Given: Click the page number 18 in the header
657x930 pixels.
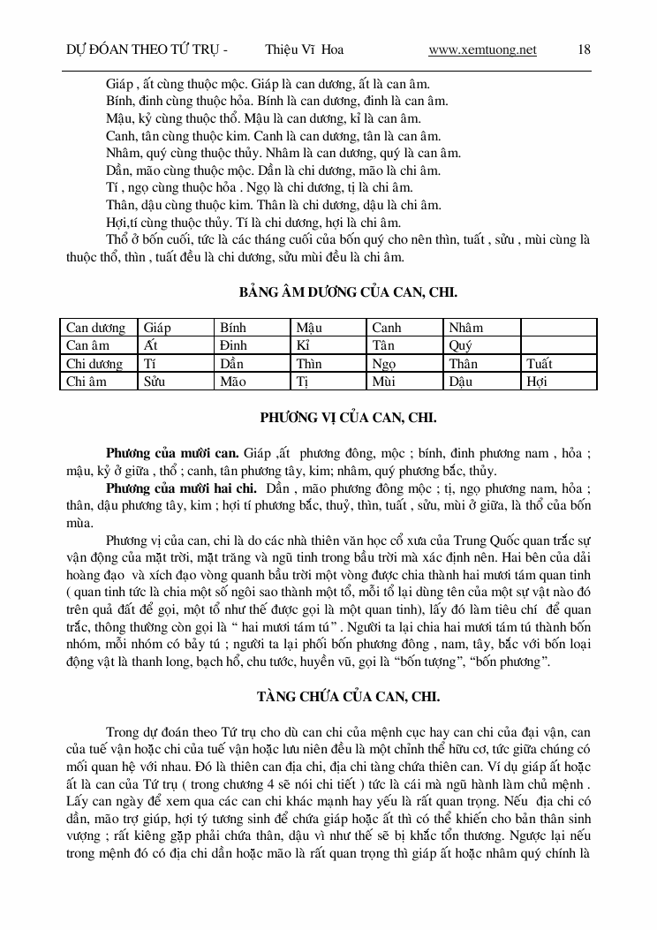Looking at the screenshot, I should pyautogui.click(x=584, y=50).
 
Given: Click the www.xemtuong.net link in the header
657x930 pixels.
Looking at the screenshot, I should pyautogui.click(x=482, y=50).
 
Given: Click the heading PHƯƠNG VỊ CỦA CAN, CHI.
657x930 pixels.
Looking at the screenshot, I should pyautogui.click(x=348, y=417).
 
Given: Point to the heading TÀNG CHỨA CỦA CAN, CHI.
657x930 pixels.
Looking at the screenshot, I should pyautogui.click(x=348, y=697).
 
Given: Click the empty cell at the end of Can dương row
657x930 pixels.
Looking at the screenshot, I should pyautogui.click(x=558, y=328).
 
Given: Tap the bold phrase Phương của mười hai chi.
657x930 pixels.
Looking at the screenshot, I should pyautogui.click(x=181, y=488).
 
